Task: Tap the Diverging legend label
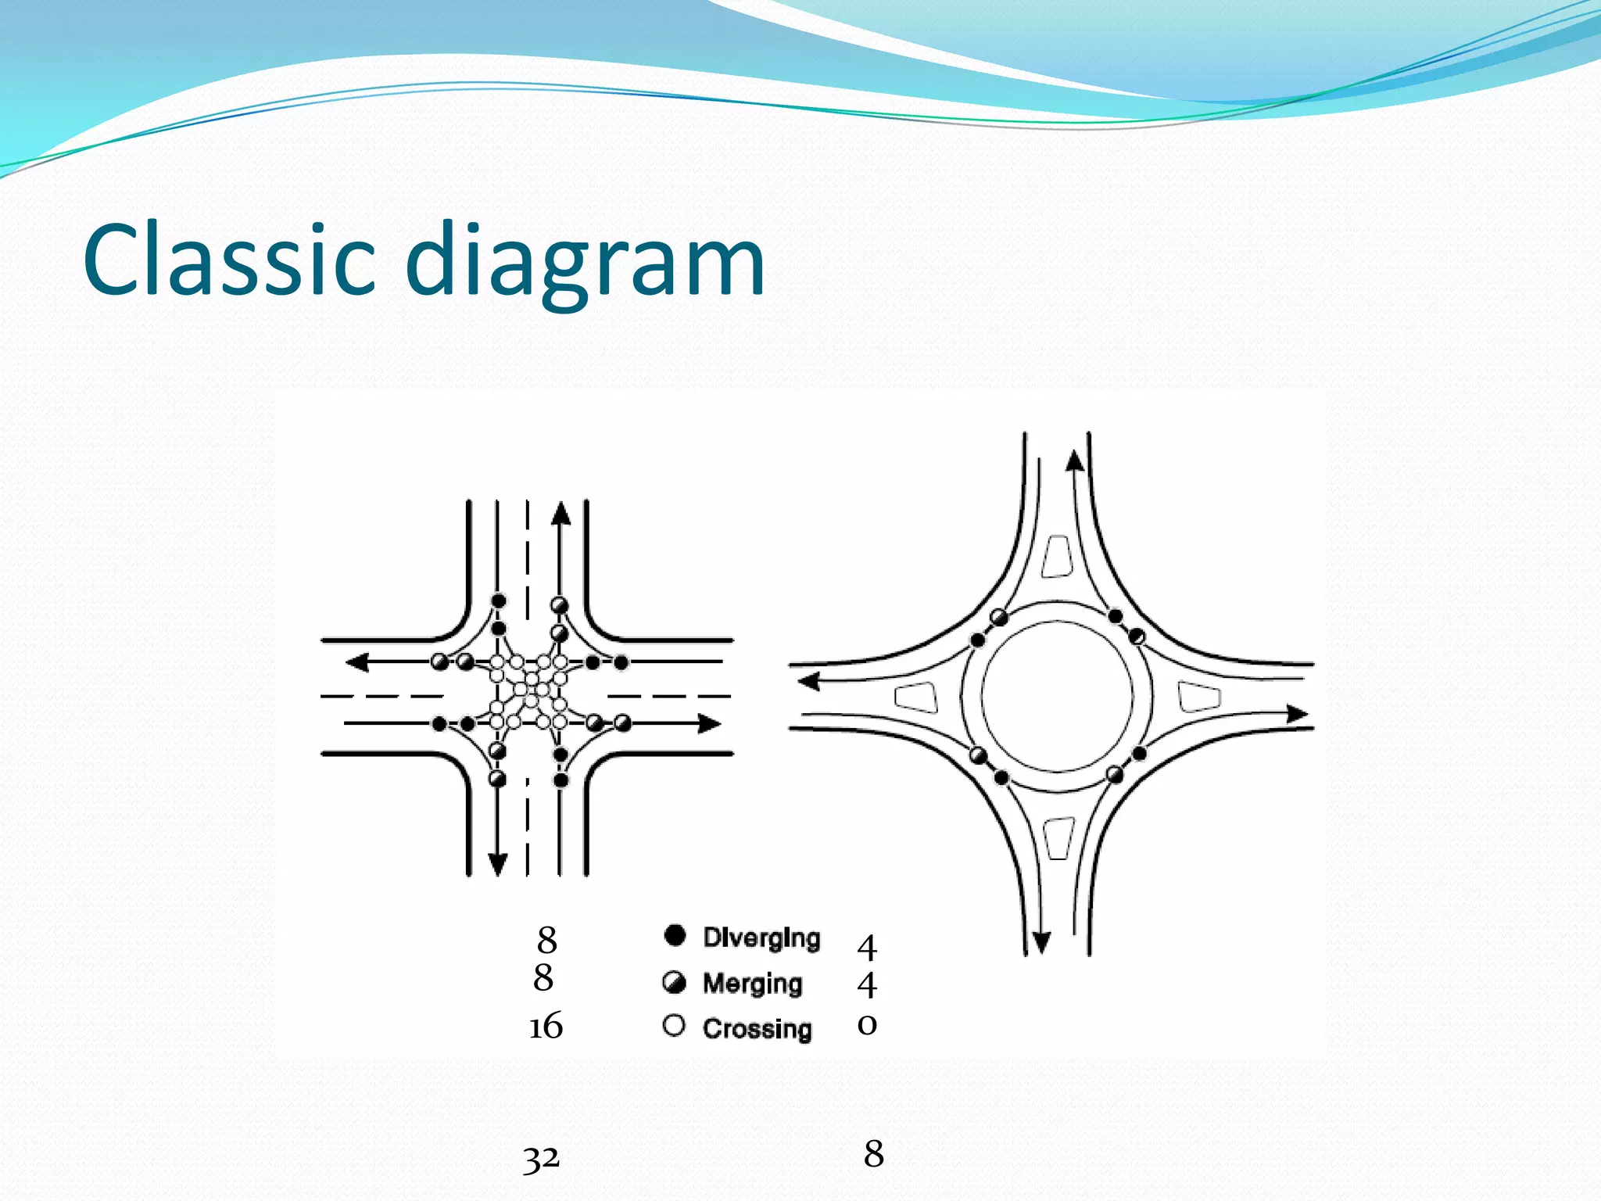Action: pyautogui.click(x=761, y=937)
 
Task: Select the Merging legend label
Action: pyautogui.click(x=752, y=984)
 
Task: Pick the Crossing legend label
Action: pyautogui.click(x=757, y=1029)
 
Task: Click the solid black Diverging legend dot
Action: pyautogui.click(x=675, y=935)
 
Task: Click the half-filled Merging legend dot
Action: pyautogui.click(x=674, y=982)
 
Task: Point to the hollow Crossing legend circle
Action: pyautogui.click(x=674, y=1026)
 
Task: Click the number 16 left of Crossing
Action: pyautogui.click(x=546, y=1026)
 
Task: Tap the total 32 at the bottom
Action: pyautogui.click(x=541, y=1158)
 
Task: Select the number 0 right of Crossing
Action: pyautogui.click(x=867, y=1024)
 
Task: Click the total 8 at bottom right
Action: pyautogui.click(x=874, y=1154)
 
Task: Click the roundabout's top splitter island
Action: pyautogui.click(x=1057, y=557)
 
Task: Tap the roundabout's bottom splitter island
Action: pyautogui.click(x=1059, y=838)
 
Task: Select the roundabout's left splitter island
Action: pyautogui.click(x=916, y=697)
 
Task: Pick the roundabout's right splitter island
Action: pyautogui.click(x=1198, y=697)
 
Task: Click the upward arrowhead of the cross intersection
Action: pyautogui.click(x=561, y=513)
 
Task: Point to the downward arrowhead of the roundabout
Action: pyautogui.click(x=1041, y=943)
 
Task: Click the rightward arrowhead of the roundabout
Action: pyautogui.click(x=1297, y=713)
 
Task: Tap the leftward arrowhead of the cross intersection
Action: pyautogui.click(x=357, y=662)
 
